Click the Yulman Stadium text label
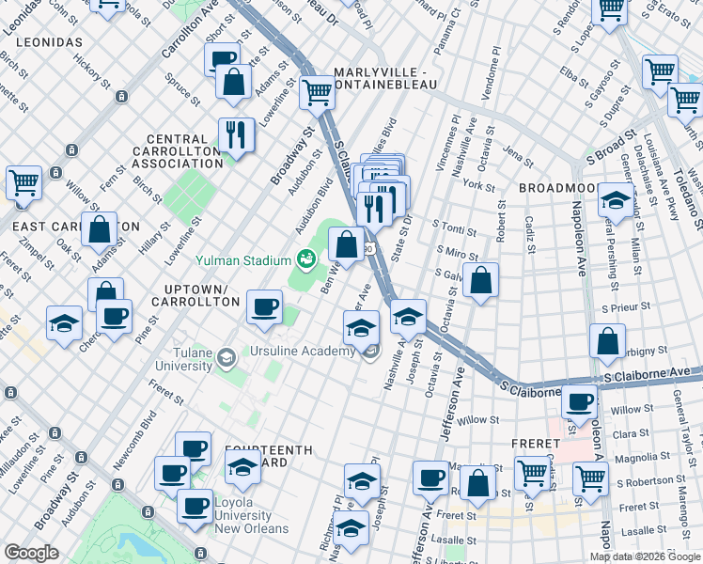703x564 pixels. (x=242, y=259)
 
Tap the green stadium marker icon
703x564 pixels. (x=306, y=258)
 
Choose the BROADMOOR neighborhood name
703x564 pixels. (x=555, y=189)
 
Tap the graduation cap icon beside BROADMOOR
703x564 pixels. (x=616, y=202)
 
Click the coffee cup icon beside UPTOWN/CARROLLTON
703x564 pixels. (x=264, y=305)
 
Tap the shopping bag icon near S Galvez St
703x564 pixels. (x=480, y=280)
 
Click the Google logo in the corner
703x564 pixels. (x=33, y=553)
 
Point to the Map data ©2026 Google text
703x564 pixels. (x=645, y=556)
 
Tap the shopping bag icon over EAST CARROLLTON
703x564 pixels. (x=99, y=228)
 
